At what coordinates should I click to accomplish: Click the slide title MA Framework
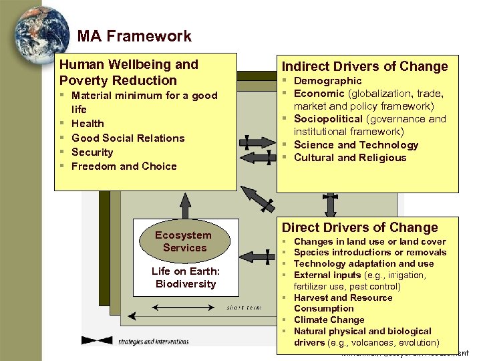(x=134, y=36)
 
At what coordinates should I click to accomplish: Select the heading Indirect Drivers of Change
(x=365, y=66)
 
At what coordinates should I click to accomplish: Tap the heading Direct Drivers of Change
(x=359, y=227)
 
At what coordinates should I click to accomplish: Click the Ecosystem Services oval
(x=183, y=241)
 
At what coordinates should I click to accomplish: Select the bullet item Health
(x=88, y=124)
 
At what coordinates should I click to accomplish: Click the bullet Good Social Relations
(x=128, y=138)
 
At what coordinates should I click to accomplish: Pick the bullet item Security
(x=92, y=152)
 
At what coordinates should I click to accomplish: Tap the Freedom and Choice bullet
(x=124, y=166)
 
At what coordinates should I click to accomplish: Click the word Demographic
(x=328, y=81)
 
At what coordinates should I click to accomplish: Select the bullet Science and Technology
(x=356, y=144)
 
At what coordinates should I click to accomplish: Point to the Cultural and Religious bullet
(x=350, y=158)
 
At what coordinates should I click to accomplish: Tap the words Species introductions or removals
(x=370, y=252)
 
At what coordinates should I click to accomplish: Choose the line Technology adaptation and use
(x=364, y=263)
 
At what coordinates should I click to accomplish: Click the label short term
(x=240, y=308)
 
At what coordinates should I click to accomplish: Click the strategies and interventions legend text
(x=153, y=342)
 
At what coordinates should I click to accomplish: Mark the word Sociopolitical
(x=327, y=119)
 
